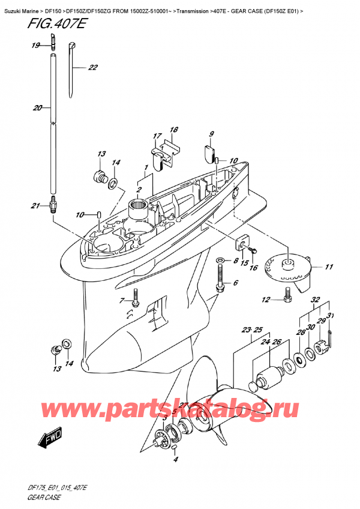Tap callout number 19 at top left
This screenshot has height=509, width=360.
[x=35, y=46]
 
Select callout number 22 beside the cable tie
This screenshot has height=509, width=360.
[x=92, y=68]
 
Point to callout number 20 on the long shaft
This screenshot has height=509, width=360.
[x=37, y=109]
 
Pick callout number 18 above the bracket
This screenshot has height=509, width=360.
[x=174, y=130]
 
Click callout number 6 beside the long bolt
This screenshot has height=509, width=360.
[x=235, y=283]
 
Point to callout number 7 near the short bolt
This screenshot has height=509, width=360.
[x=122, y=300]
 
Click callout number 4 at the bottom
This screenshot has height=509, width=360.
[x=176, y=460]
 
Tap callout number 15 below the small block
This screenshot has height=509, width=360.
[x=244, y=262]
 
